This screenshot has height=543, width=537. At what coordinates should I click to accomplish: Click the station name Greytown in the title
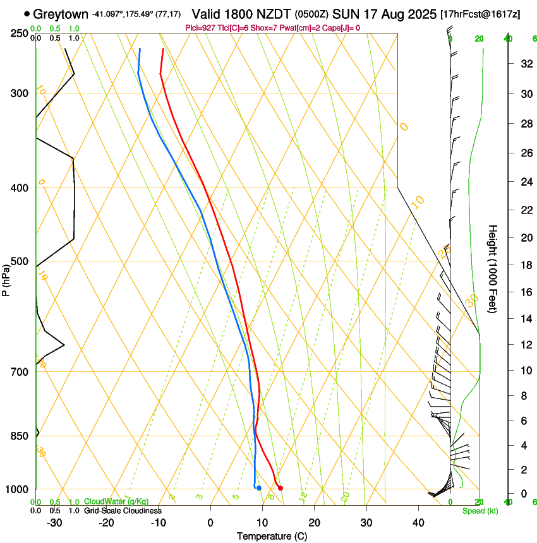61,13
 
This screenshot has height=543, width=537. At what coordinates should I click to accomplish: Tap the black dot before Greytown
27,13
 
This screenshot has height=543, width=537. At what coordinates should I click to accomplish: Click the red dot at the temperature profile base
281,487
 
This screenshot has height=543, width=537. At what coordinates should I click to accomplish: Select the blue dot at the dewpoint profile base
259,488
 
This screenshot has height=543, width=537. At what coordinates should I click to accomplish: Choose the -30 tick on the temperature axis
54,523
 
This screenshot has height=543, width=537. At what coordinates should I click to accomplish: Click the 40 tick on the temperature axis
418,523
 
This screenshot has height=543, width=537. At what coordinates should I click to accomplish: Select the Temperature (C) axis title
272,536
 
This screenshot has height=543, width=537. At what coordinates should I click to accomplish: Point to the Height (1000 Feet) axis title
493,268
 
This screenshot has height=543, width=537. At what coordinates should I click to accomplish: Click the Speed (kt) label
477,511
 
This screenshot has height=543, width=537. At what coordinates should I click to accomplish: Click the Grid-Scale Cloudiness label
123,511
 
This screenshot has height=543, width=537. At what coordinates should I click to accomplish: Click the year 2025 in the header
418,13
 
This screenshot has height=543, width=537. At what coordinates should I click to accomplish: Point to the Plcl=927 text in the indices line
200,27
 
